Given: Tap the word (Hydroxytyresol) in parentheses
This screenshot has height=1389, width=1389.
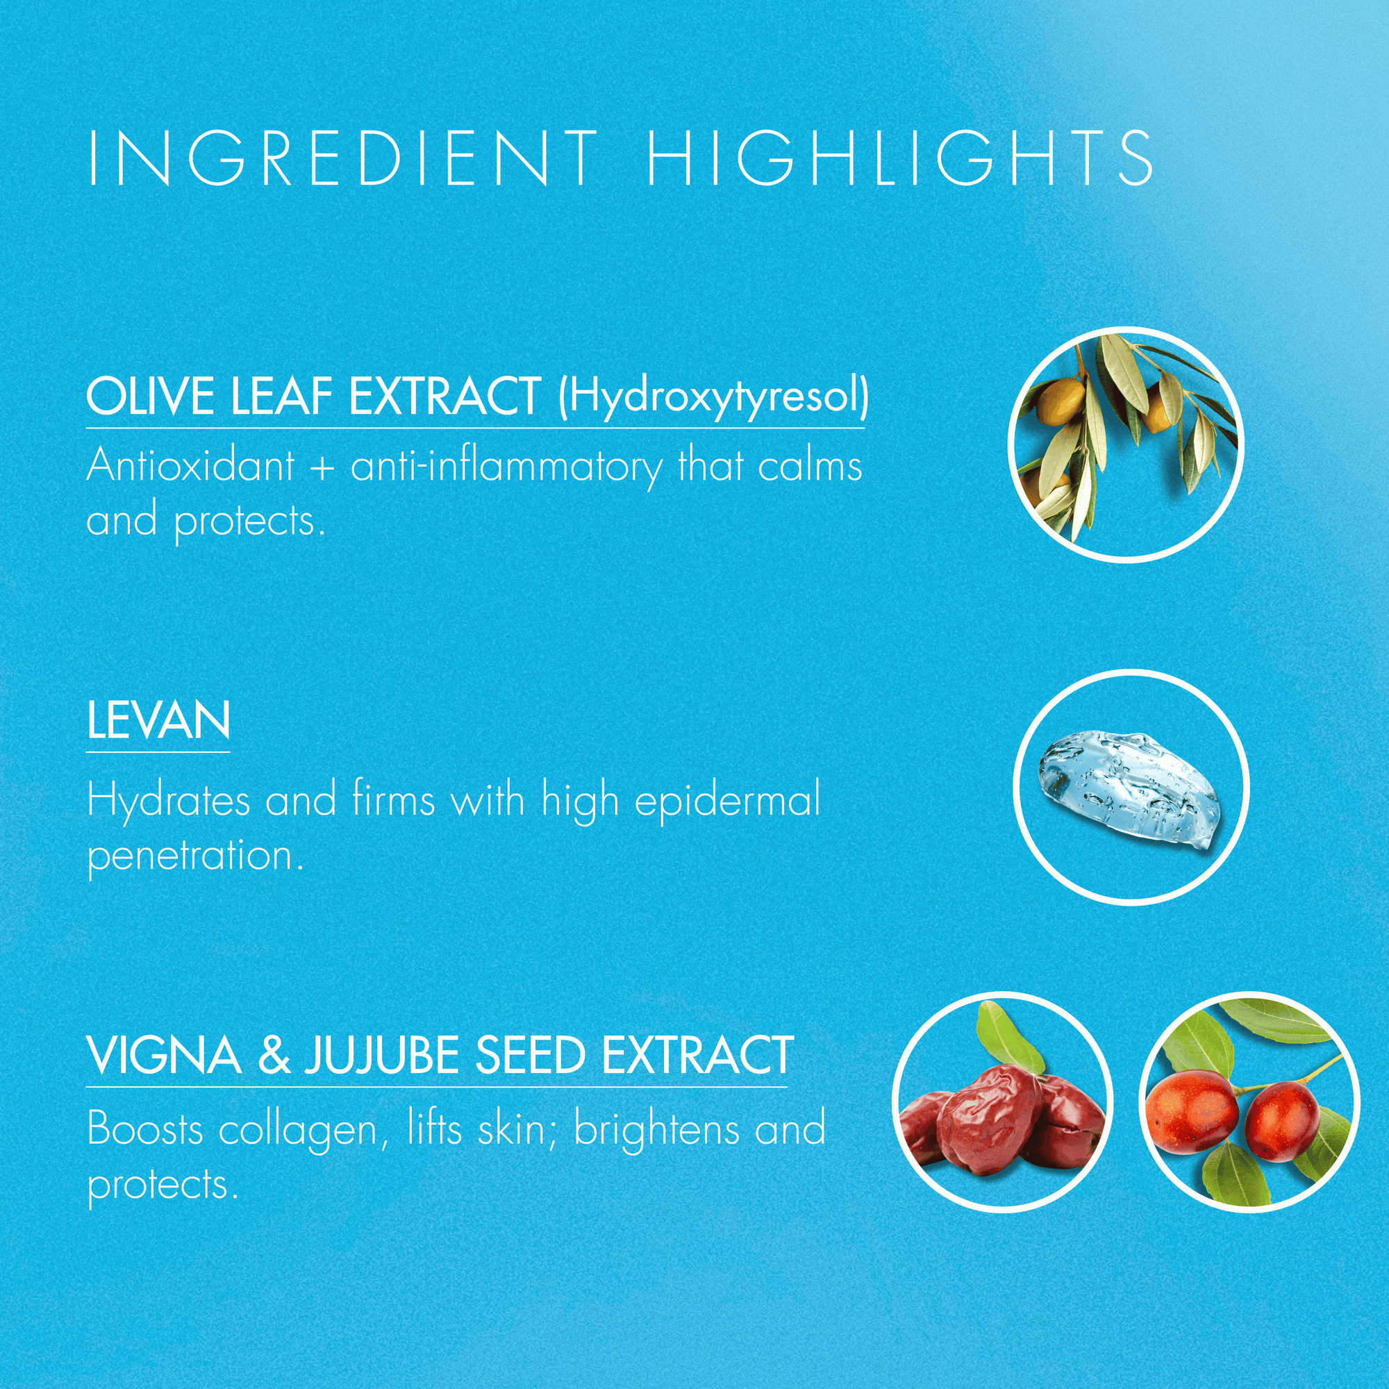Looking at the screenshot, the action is coord(714,397).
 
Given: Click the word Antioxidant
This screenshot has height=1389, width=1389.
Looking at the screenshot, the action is coord(190,465).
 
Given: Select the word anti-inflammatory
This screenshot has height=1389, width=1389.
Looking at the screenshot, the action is coord(506,467).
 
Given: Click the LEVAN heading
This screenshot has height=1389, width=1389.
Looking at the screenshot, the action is coord(158,720).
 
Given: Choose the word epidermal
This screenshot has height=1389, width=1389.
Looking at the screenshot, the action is coord(728,801).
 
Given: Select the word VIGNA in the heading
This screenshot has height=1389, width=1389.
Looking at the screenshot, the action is coord(164,1056).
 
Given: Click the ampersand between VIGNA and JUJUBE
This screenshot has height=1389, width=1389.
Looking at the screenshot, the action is coord(273,1056).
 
